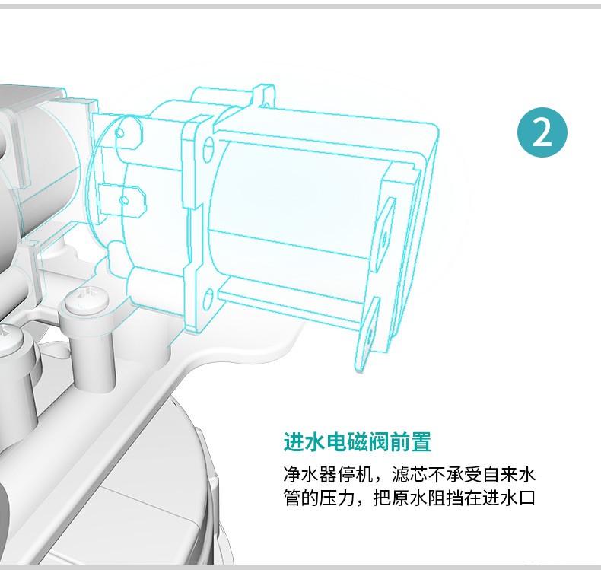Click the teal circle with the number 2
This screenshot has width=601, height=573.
click(542, 132)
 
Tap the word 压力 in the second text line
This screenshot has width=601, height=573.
click(337, 498)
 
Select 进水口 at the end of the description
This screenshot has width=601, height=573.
click(508, 498)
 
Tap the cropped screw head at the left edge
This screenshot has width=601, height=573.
click(11, 333)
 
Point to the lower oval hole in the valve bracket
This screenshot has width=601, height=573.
click(208, 301)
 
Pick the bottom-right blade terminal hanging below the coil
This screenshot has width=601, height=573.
click(367, 334)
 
